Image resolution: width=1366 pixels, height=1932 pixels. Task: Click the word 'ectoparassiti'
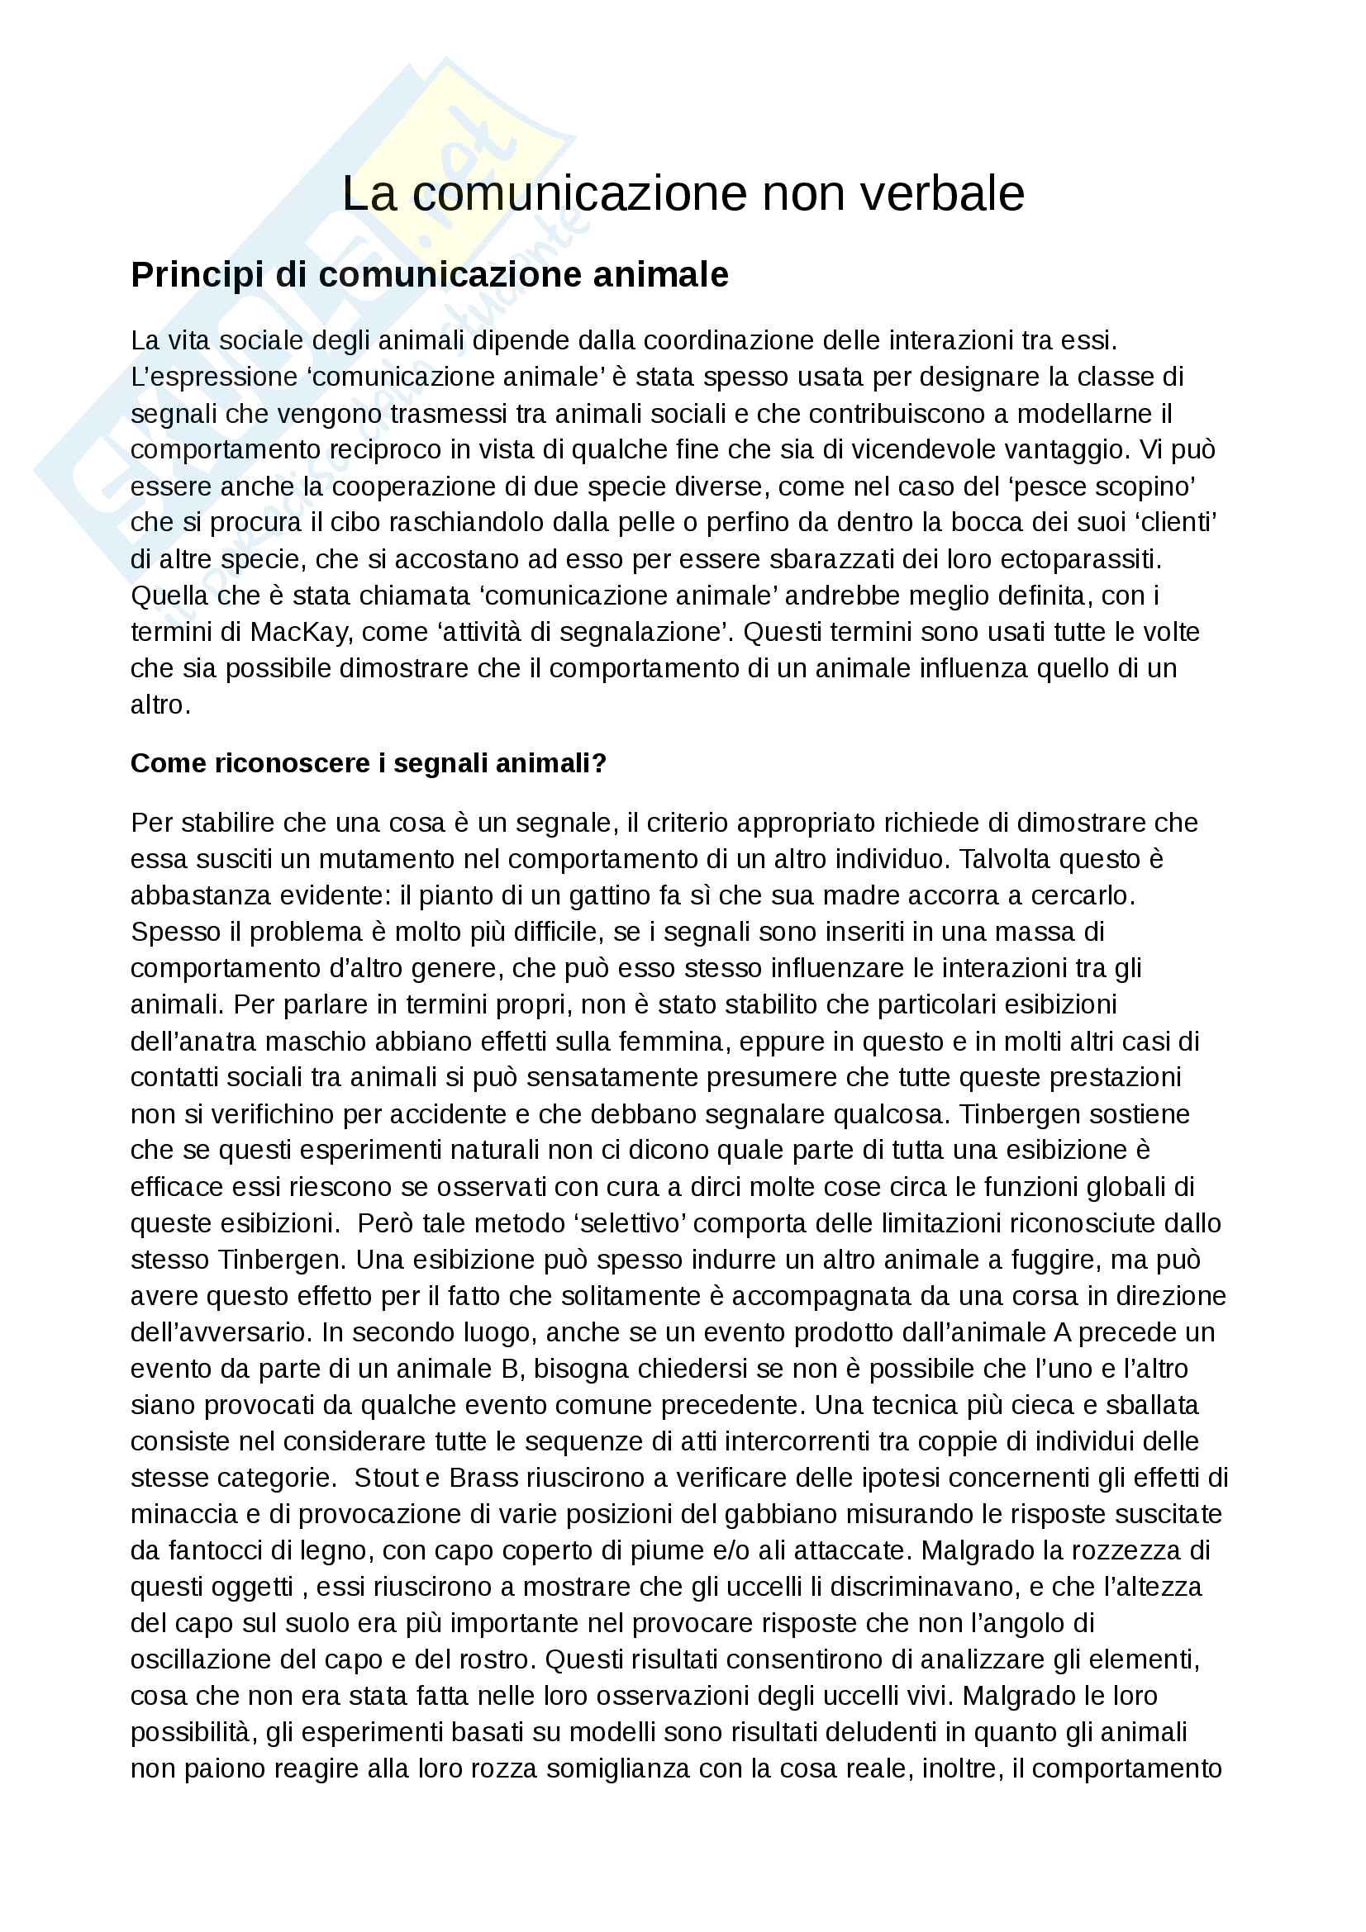point(1064,558)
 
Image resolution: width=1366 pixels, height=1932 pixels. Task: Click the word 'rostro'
point(492,1659)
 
